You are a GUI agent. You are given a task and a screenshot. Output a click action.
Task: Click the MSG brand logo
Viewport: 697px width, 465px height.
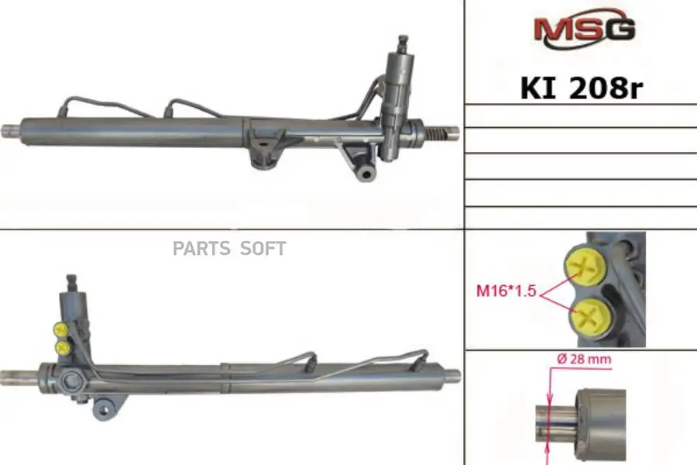pyautogui.click(x=583, y=29)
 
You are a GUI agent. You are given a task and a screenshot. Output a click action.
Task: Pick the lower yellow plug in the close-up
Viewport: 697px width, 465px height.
pyautogui.click(x=586, y=315)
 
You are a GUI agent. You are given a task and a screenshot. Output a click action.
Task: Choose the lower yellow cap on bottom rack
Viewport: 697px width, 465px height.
pyautogui.click(x=62, y=348)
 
